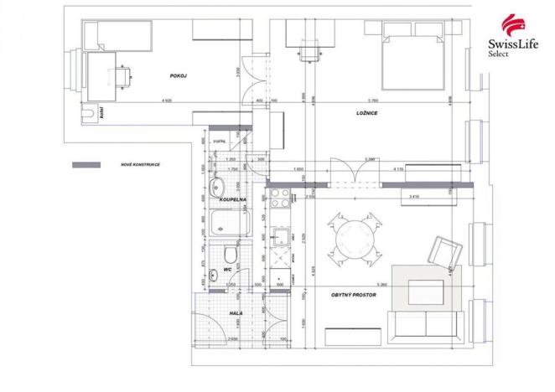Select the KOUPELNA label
[232, 201]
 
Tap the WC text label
[227, 269]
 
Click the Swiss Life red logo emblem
[512, 23]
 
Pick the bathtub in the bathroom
[229, 224]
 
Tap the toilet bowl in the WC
[231, 254]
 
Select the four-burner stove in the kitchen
[279, 199]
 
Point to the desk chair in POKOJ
[124, 75]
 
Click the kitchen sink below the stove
[279, 243]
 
